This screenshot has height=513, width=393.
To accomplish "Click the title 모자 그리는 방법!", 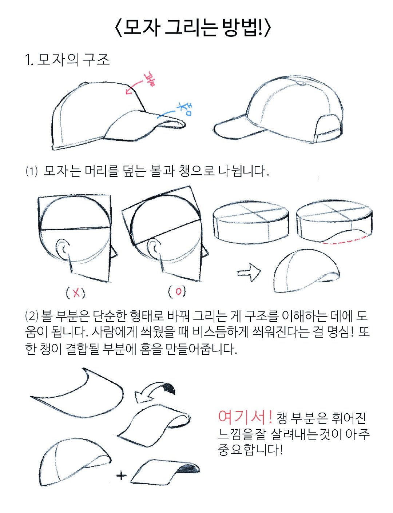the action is point(193,28).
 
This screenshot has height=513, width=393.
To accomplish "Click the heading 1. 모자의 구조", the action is point(67,60).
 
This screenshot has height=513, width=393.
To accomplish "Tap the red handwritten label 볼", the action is point(149,80).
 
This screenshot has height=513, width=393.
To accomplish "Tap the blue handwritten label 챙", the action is point(185,109).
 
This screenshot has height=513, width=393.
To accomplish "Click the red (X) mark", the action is point(75,293).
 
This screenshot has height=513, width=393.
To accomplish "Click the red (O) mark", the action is point(177,292).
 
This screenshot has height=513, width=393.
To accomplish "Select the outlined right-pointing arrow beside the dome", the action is point(249,273).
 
